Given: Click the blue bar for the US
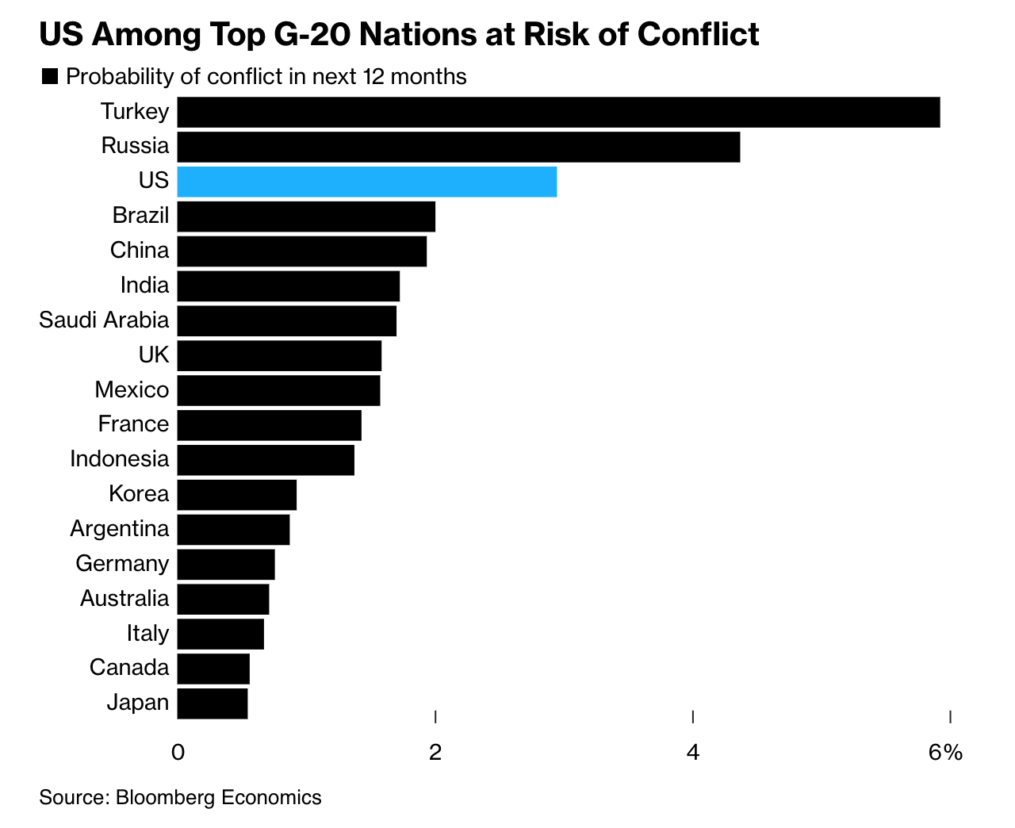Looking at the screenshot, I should coord(366,182).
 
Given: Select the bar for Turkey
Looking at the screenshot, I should coord(558,112).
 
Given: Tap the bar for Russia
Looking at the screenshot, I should coord(458,147).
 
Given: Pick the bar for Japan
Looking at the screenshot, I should coord(213,703).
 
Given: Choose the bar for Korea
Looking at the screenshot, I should coord(236,495).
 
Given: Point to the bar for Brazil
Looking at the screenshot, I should coord(306,217).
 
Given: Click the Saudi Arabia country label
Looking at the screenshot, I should coord(104,320).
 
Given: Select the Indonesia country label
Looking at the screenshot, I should coord(119,459).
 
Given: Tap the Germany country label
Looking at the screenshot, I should coord(122,564).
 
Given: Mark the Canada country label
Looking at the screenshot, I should coord(129,668).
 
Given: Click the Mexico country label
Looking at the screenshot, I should coord(132,390).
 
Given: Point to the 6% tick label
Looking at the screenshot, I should coord(945,752).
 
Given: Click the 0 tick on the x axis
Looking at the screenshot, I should coord(178,752).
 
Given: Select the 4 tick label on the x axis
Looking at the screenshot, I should coord(693,752).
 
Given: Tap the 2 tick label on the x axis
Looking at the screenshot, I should coord(435,752).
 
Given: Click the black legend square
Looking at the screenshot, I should coord(50,77).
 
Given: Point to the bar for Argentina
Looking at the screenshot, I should coord(233,530).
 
